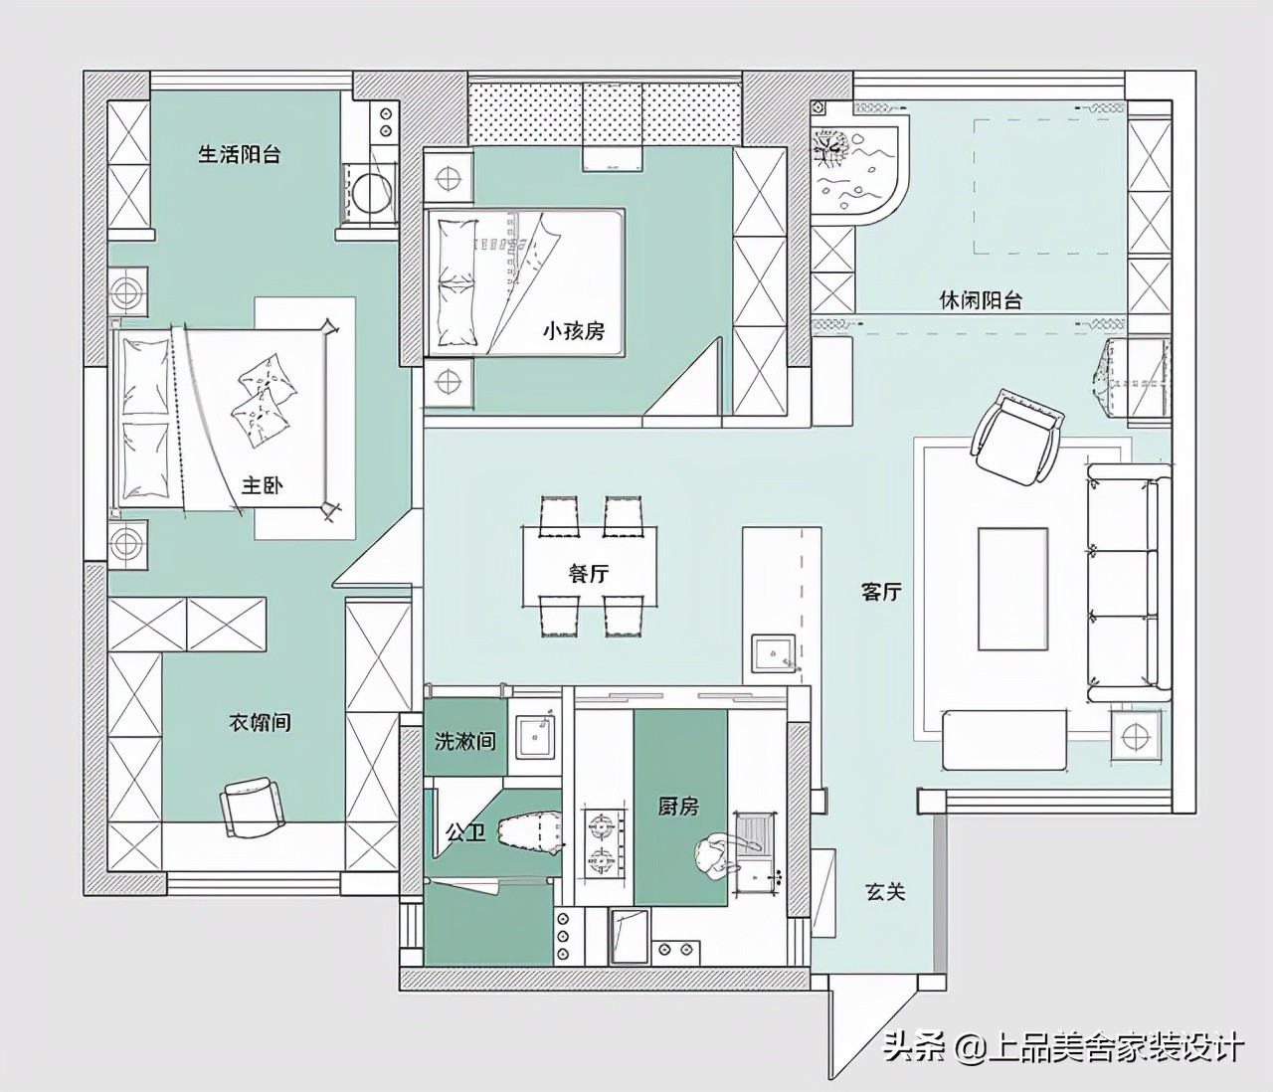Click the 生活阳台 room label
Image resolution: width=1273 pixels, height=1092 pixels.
pos(239,154)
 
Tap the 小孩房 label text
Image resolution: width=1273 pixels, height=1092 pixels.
pos(574,331)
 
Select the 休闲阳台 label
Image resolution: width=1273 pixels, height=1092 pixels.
pos(981,300)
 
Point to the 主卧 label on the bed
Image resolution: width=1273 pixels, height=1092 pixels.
pos(262,485)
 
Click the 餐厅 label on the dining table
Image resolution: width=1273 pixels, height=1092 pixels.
pos(588,574)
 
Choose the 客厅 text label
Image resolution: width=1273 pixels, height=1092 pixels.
pos(881,592)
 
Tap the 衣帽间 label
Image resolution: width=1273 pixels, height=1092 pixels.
pos(260,722)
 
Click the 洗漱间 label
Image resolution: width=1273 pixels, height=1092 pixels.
pos(465,740)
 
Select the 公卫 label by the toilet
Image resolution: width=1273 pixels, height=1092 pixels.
pos(465,832)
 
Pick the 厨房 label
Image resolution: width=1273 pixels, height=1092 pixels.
pos(678,807)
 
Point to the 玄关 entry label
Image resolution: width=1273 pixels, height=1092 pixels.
pos(885,891)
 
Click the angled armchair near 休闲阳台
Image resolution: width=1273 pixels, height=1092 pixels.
pos(1016,437)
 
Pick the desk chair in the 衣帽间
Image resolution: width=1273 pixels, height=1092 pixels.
pos(253,807)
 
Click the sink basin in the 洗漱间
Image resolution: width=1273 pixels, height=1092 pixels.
pos(534,736)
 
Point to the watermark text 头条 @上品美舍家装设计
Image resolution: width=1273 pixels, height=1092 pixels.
pos(1064,1046)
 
